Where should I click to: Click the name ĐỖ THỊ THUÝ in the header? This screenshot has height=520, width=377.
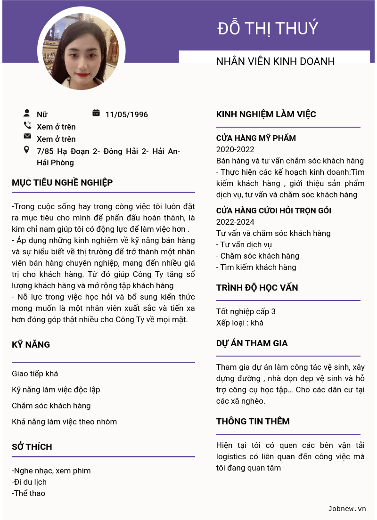pyautogui.click(x=268, y=29)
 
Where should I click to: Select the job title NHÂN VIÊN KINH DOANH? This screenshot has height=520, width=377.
pyautogui.click(x=275, y=61)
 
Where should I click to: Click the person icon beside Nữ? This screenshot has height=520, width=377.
pyautogui.click(x=27, y=113)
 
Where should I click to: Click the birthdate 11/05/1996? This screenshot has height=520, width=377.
pyautogui.click(x=126, y=114)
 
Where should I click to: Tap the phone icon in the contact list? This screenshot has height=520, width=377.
pyautogui.click(x=27, y=125)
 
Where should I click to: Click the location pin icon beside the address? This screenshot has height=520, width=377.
pyautogui.click(x=27, y=150)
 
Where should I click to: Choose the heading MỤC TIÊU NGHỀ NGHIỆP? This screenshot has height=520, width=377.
pyautogui.click(x=62, y=183)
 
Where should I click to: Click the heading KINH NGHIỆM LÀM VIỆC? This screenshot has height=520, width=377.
pyautogui.click(x=266, y=114)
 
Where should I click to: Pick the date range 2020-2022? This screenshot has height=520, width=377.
pyautogui.click(x=235, y=149)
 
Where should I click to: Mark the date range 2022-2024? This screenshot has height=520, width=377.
pyautogui.click(x=235, y=222)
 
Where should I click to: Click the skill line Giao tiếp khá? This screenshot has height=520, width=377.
pyautogui.click(x=35, y=374)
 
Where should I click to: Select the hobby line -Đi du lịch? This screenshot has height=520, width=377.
pyautogui.click(x=29, y=482)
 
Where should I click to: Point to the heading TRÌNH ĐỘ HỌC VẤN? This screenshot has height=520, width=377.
pyautogui.click(x=257, y=288)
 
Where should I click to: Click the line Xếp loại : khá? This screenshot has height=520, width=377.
pyautogui.click(x=240, y=323)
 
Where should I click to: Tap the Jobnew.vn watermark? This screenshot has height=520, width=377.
pyautogui.click(x=347, y=509)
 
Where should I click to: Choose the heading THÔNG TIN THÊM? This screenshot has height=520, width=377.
pyautogui.click(x=253, y=422)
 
